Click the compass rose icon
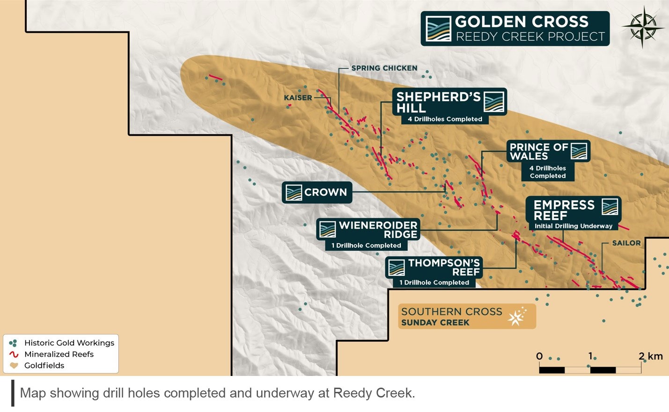coord(642,27)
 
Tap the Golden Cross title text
coord(522,22)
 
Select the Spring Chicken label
coord(384,68)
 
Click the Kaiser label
coord(298,98)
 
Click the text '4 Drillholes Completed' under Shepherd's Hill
coord(445,119)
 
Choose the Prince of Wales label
coord(548,151)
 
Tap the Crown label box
coord(317,192)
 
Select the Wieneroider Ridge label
coord(368,230)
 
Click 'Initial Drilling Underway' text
coord(573,226)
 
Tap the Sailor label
coord(626,243)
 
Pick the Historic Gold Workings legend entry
coord(69,343)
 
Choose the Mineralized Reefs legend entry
coord(59,354)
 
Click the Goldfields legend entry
coord(44,366)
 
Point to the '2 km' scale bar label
coord(651,356)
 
